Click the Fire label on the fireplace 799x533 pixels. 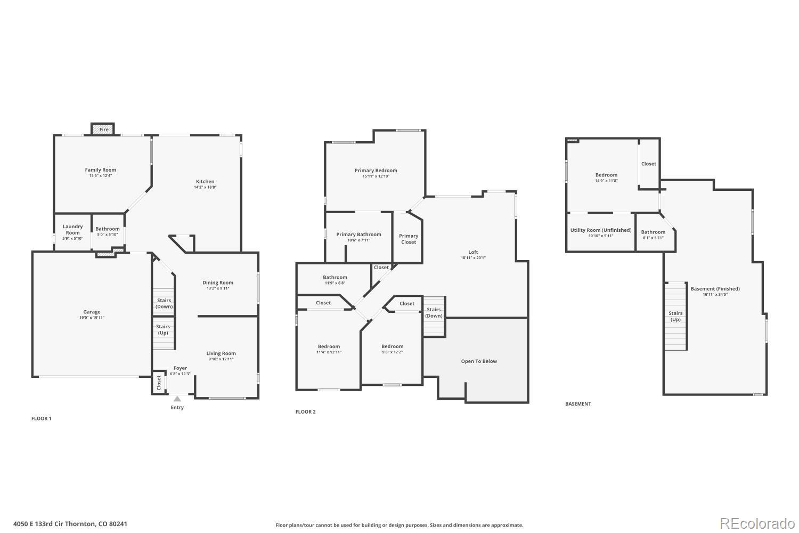click(x=104, y=130)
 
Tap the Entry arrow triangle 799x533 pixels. click(x=177, y=399)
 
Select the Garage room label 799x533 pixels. click(x=92, y=312)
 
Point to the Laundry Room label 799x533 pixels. click(x=73, y=230)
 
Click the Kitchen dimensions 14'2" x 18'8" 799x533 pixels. click(x=205, y=187)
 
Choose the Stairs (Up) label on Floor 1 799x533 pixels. click(x=163, y=329)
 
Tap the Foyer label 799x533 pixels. click(x=180, y=368)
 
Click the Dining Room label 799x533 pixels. click(x=218, y=282)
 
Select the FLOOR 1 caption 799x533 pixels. click(x=42, y=418)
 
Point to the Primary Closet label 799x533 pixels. click(x=409, y=239)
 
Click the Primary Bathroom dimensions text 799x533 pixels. click(x=358, y=240)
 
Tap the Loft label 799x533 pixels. click(x=473, y=252)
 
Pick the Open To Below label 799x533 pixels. click(x=479, y=361)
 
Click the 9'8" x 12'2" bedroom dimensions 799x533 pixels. click(x=392, y=352)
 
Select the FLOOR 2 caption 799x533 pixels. click(x=306, y=411)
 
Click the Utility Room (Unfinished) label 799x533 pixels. click(x=601, y=230)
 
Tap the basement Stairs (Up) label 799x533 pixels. click(x=675, y=317)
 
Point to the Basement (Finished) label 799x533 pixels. click(x=715, y=289)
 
